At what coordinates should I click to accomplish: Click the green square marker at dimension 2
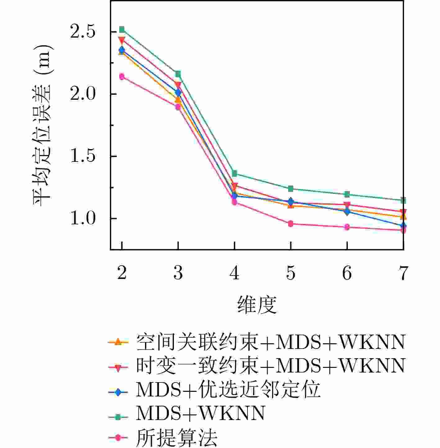[x=122, y=30]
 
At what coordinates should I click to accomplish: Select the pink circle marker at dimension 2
[x=122, y=76]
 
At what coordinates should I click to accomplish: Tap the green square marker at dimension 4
[x=234, y=173]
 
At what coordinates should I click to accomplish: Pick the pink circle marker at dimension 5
[x=291, y=224]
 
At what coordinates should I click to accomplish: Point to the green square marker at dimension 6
[x=347, y=194]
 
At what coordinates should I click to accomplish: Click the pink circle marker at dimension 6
[x=347, y=227]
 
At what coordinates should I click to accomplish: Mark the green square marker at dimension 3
[x=178, y=74]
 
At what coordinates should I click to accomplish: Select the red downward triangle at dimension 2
[x=122, y=40]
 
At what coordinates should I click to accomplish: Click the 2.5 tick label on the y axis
[x=83, y=32]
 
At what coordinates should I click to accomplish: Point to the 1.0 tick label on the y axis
[x=83, y=218]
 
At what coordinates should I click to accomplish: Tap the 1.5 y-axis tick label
[x=83, y=156]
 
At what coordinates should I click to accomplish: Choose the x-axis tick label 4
[x=234, y=273]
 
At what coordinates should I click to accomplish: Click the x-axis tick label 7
[x=403, y=273]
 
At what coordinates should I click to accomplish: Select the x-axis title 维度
[x=257, y=305]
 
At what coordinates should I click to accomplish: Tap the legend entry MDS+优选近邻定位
[x=228, y=390]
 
